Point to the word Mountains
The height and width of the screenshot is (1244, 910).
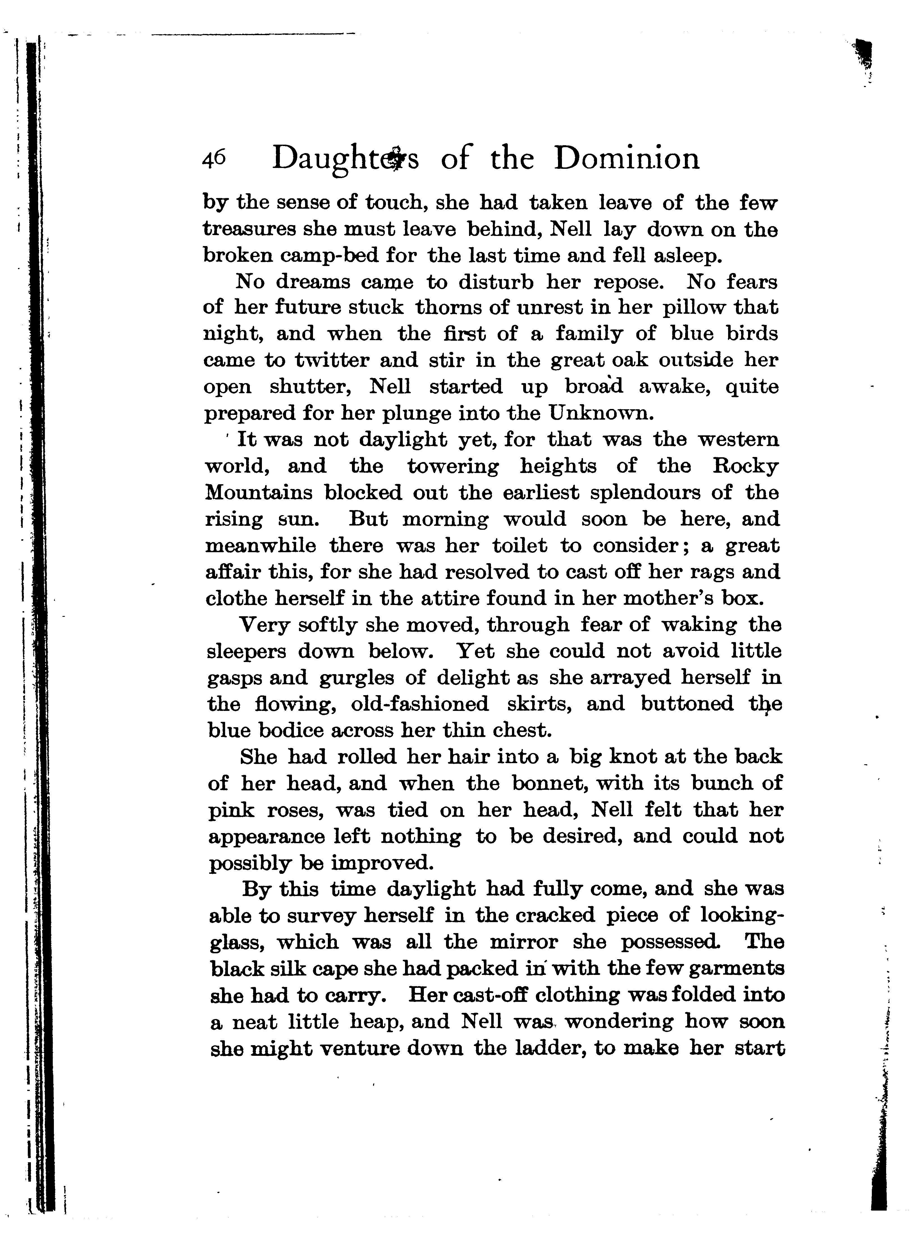[259, 493]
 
